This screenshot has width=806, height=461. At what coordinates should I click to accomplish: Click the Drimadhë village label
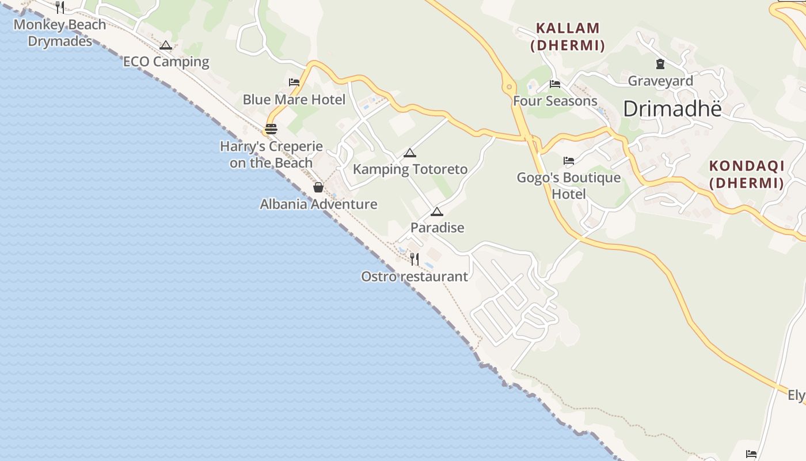672,108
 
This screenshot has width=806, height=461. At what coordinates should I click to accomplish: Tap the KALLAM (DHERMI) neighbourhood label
568,36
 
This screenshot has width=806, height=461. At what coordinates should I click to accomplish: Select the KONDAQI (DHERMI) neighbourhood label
747,174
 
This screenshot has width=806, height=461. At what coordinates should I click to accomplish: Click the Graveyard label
660,81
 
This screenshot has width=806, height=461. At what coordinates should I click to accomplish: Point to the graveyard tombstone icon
660,64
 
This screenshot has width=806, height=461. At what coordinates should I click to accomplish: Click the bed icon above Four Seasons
555,84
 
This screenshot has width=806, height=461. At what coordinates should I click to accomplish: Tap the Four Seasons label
555,101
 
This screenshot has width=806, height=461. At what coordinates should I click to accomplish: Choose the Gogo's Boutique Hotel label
569,186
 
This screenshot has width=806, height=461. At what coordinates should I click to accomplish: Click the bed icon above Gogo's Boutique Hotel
569,161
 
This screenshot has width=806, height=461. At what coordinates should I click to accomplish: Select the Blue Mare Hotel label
294,99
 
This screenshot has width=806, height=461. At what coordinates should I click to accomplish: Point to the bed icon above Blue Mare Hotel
294,82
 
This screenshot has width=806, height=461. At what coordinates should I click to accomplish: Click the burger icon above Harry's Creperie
271,129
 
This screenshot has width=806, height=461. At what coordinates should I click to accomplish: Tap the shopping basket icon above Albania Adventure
318,187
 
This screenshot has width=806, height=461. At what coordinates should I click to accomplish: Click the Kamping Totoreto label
410,169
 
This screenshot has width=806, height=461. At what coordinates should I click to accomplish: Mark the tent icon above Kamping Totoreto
409,153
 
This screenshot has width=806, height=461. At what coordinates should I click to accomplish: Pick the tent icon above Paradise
437,211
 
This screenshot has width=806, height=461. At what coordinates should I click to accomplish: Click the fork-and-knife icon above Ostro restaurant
415,259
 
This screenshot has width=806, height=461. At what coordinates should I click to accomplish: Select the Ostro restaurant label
415,277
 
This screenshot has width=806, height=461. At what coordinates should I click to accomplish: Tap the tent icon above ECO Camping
166,45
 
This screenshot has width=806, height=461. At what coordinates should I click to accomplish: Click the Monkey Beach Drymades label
60,33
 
